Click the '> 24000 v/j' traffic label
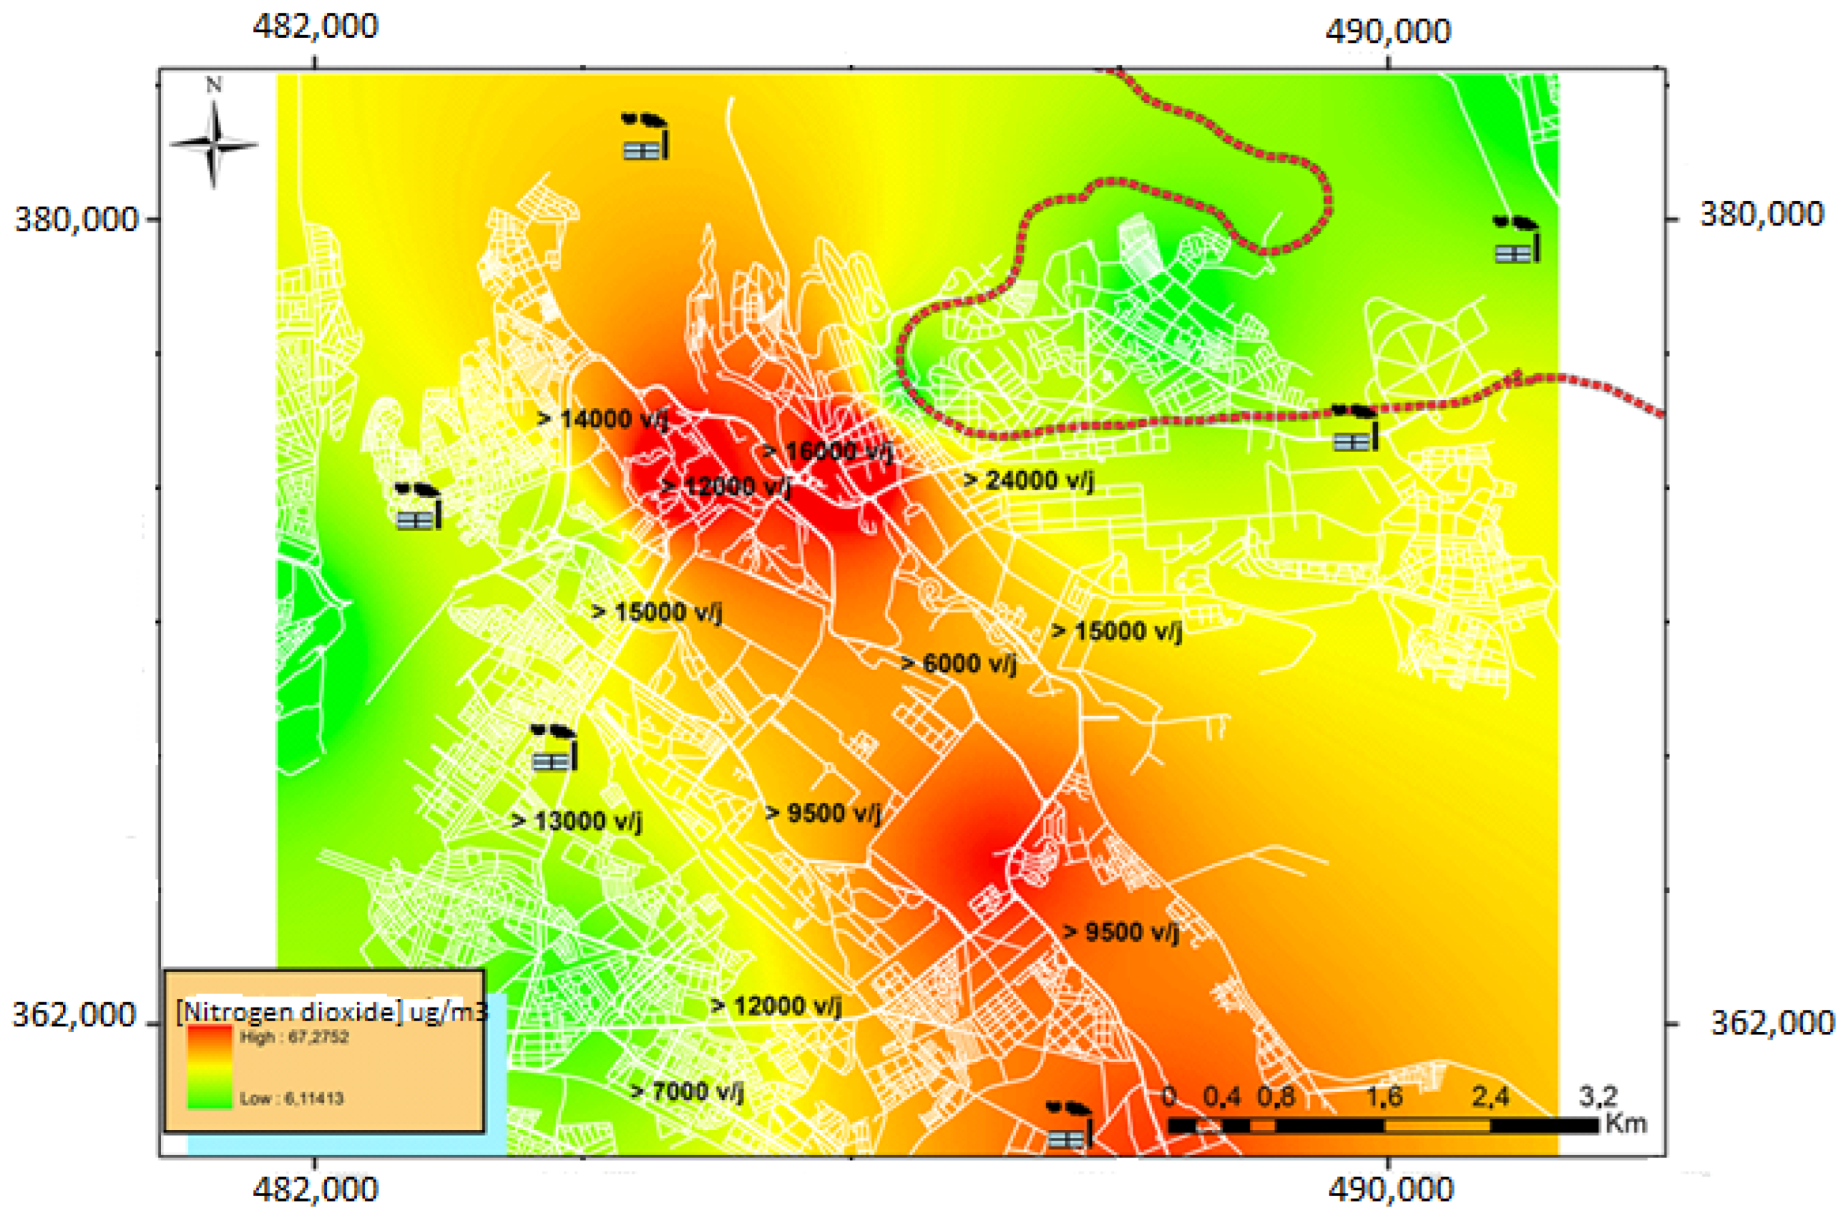point(1028,480)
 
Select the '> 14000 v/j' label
point(603,419)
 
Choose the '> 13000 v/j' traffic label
point(577,821)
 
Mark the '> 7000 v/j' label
point(687,1091)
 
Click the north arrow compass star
point(213,144)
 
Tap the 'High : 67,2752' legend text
point(295,1038)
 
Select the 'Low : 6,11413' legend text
point(292,1098)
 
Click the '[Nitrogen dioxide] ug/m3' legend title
point(331,1012)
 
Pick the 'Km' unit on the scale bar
point(1625,1124)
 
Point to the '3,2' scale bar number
point(1598,1097)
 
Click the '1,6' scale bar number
point(1383,1097)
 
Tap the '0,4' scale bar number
point(1221,1097)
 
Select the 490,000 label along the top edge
point(1388,32)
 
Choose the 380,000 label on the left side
point(77,219)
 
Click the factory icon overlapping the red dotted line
point(1355,428)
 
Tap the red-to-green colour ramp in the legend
point(210,1066)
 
